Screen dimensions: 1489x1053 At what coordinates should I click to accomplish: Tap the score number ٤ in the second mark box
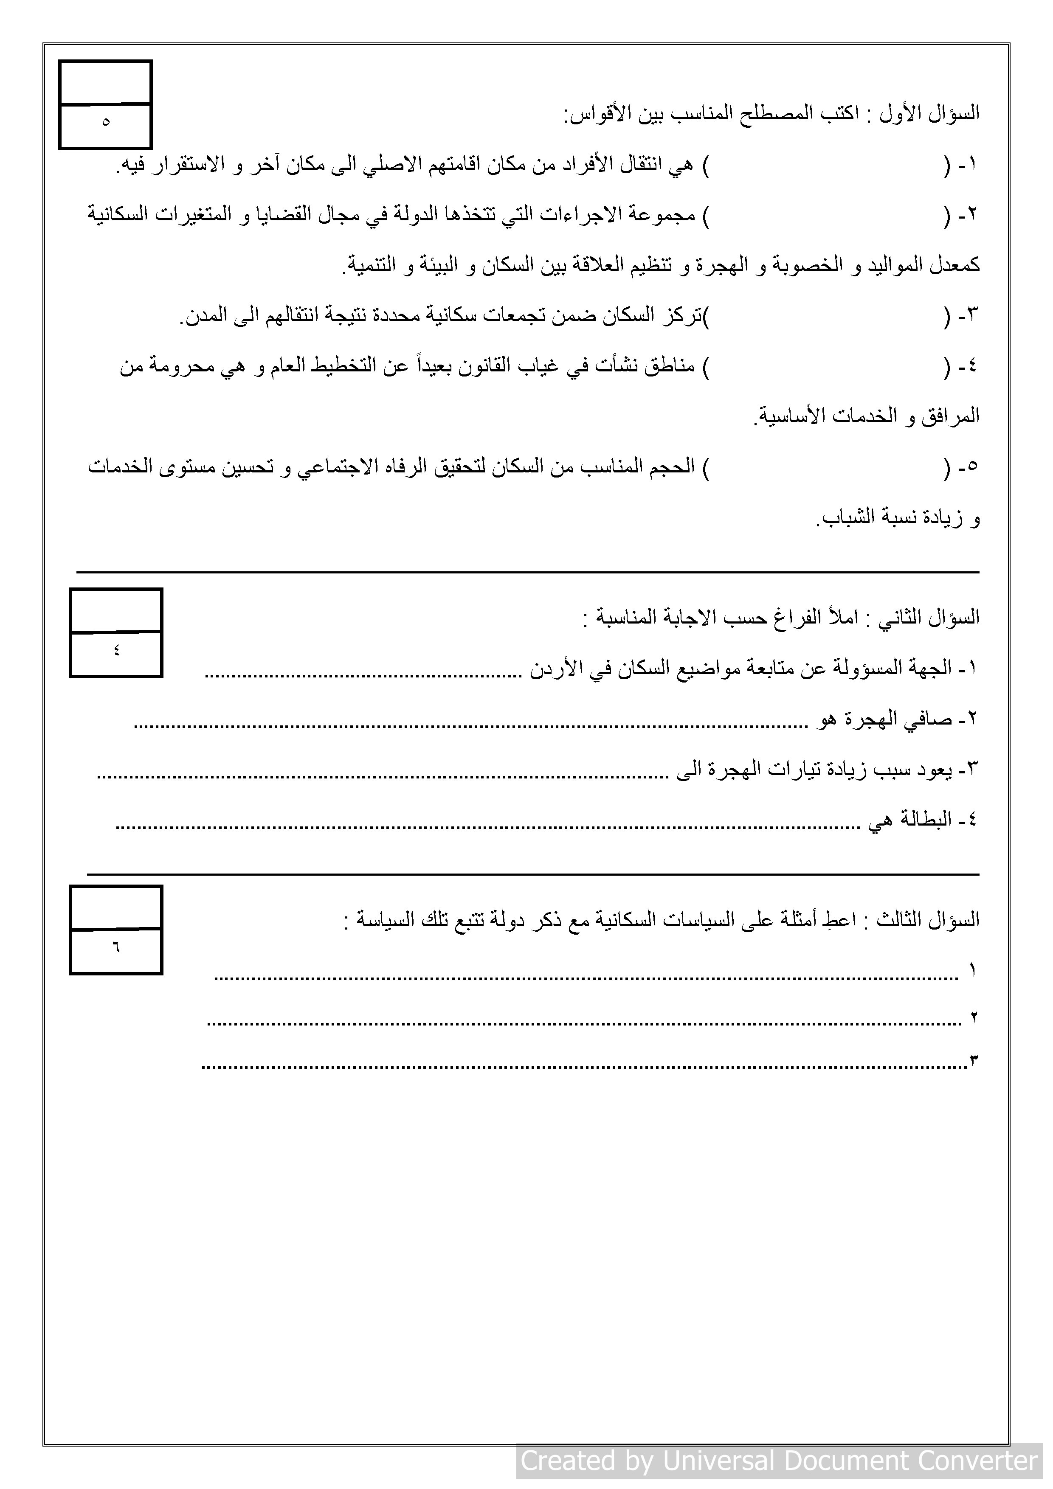coord(116,650)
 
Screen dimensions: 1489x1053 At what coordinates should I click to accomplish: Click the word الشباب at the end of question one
coord(840,518)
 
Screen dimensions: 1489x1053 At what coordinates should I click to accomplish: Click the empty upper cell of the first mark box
coord(106,82)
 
